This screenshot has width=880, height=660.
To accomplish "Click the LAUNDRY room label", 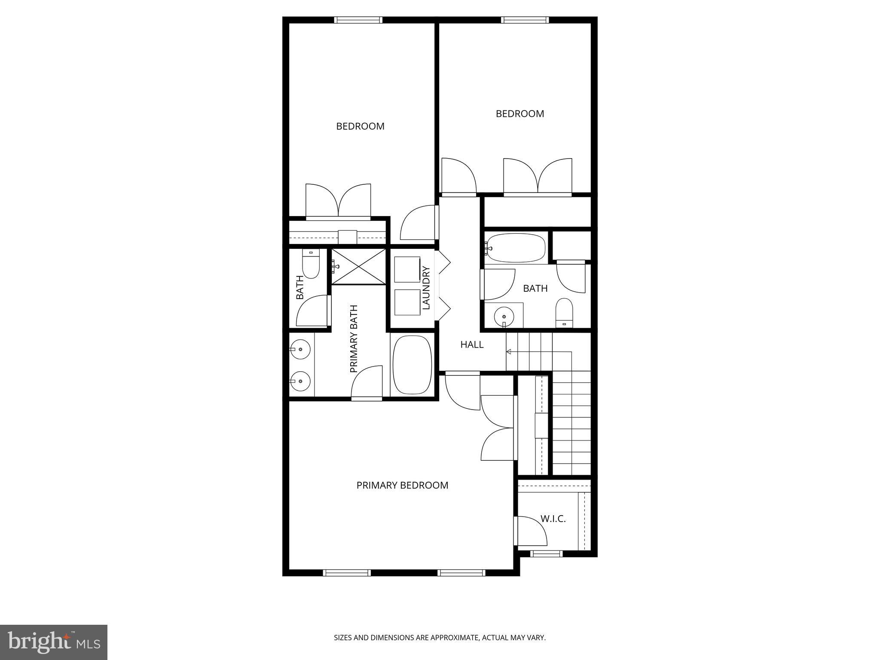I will tap(426, 288).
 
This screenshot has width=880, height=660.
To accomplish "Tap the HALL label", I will tap(472, 344).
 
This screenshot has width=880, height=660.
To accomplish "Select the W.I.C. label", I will tap(553, 519).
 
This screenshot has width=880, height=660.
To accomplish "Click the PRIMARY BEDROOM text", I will tap(402, 485).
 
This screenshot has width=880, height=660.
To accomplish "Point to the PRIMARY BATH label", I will tap(354, 339).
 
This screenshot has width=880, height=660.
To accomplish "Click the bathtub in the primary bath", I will tap(412, 364).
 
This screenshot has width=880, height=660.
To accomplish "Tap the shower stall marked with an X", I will tap(359, 267).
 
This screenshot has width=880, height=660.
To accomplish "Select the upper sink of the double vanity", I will tap(300, 348).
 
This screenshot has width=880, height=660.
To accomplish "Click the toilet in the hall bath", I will tap(565, 312).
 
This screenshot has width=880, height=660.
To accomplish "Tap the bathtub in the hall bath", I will tap(516, 248).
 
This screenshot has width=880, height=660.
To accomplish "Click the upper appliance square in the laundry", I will tap(407, 269).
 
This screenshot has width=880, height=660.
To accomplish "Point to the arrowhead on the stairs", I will tap(509, 352).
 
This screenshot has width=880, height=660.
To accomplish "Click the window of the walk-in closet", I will tap(546, 554).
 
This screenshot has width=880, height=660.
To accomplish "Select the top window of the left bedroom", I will tap(358, 20).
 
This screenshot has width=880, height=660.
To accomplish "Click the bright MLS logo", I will tap(54, 642).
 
